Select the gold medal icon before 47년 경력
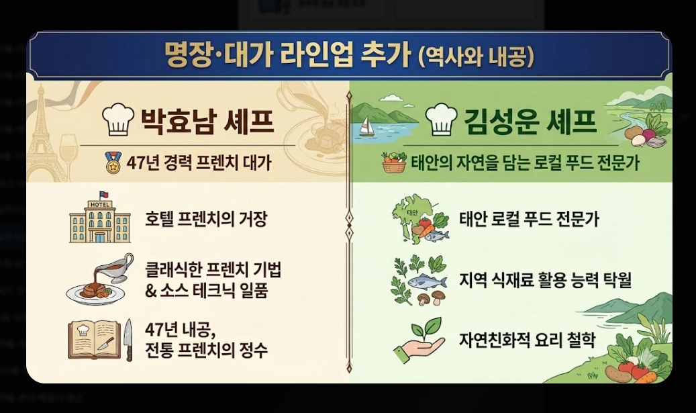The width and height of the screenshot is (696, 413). (112, 161)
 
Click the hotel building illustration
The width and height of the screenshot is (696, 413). (99, 217)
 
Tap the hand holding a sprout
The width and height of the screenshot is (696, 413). (419, 338)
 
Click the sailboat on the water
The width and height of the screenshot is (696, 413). (366, 127)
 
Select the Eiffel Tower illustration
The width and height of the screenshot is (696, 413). (48, 134)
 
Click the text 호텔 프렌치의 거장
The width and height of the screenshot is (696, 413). (206, 220)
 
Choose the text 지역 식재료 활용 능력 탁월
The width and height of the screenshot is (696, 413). (545, 279)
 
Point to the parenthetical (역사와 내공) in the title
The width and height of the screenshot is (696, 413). (476, 56)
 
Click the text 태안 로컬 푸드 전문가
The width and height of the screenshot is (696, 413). (529, 220)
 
